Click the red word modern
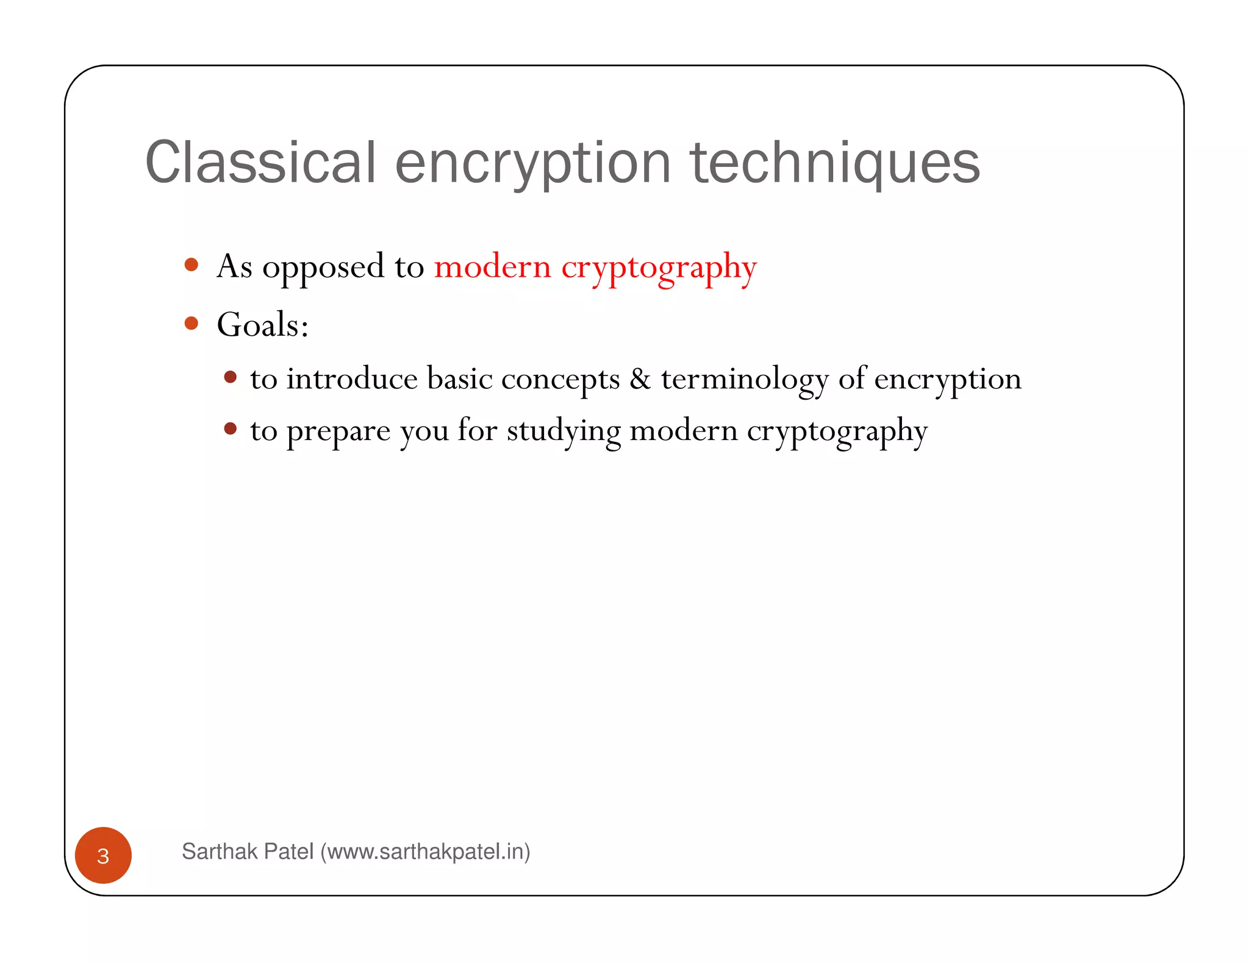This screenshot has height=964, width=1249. [x=492, y=267]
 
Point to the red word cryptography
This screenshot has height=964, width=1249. [x=659, y=268]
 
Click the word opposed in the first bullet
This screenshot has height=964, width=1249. [x=323, y=268]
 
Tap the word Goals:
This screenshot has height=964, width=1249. [x=262, y=325]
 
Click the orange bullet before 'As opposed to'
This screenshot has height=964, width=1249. [x=191, y=264]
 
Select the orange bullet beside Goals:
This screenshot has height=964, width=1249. [x=191, y=323]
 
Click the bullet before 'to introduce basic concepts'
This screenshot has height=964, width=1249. [x=230, y=377]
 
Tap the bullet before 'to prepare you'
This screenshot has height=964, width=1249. [x=230, y=429]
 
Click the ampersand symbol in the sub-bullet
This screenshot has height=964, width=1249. [x=640, y=379]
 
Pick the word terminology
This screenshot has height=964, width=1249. [x=745, y=380]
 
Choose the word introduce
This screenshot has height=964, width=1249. [x=352, y=379]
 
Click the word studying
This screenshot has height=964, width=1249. [x=564, y=431]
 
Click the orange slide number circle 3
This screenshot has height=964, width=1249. [x=103, y=856]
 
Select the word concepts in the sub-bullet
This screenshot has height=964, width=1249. [x=560, y=380]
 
